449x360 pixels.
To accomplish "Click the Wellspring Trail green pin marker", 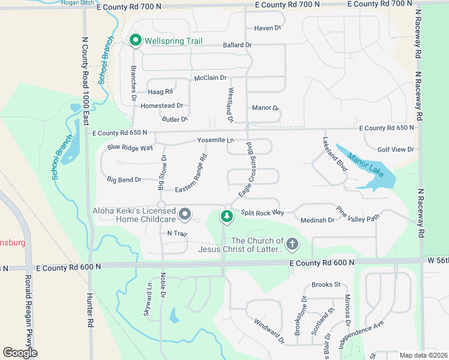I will pyautogui.click(x=135, y=41).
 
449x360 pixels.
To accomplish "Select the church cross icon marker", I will pyautogui.click(x=292, y=244).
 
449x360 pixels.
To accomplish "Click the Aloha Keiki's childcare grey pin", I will pyautogui.click(x=185, y=214).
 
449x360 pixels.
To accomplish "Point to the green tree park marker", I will pyautogui.click(x=227, y=215).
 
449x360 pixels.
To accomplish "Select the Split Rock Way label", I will pyautogui.click(x=262, y=213).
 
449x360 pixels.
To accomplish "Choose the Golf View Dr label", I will pyautogui.click(x=396, y=149).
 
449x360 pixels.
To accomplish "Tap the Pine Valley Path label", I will pyautogui.click(x=358, y=214).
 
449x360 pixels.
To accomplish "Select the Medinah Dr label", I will pyautogui.click(x=318, y=220).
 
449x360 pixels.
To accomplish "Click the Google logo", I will pyautogui.click(x=20, y=352).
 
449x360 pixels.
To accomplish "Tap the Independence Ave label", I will pyautogui.click(x=360, y=335).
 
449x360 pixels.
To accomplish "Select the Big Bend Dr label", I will pyautogui.click(x=124, y=179).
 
